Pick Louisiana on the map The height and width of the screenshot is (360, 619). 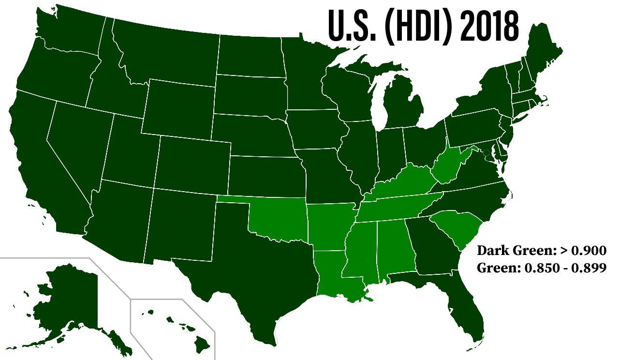(334, 276)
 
